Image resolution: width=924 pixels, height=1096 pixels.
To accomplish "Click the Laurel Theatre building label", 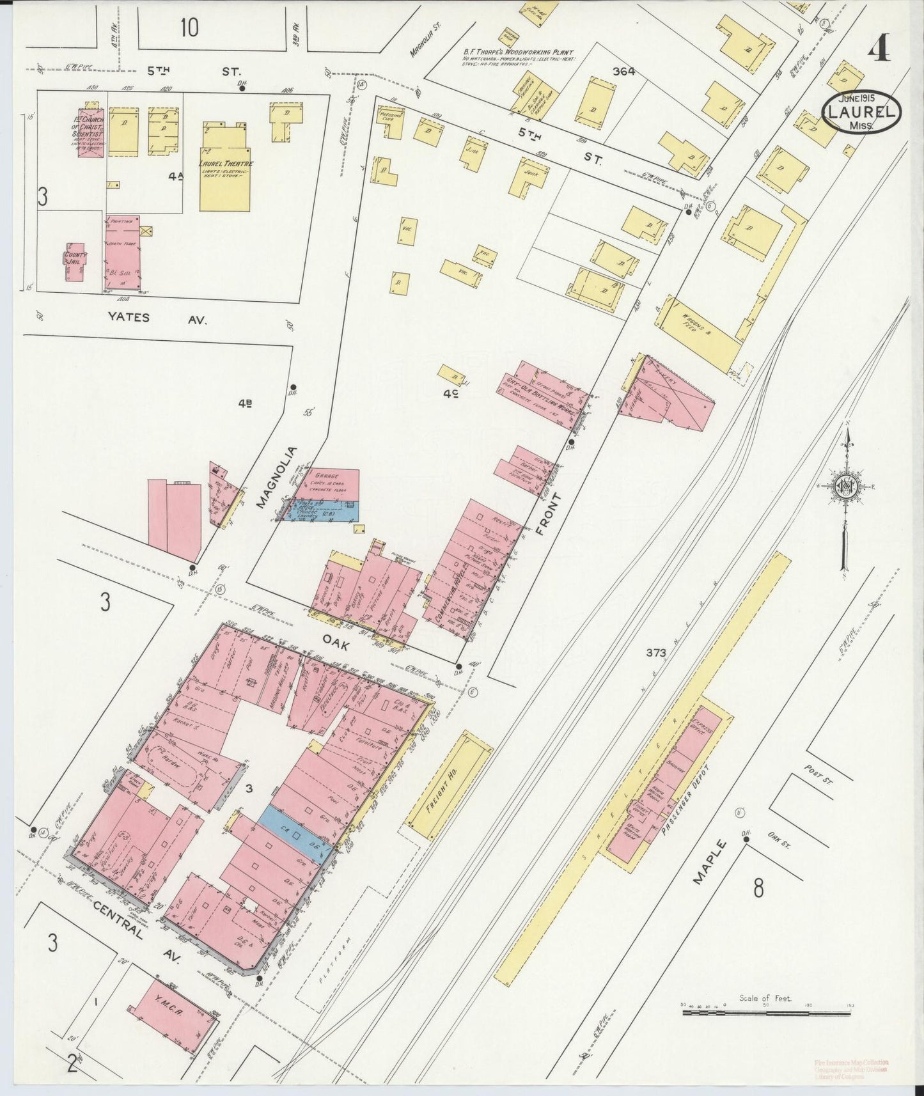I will (224, 164).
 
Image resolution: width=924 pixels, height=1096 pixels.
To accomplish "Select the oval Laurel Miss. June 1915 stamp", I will (861, 111).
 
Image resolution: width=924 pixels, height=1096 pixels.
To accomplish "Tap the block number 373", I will (657, 653).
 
